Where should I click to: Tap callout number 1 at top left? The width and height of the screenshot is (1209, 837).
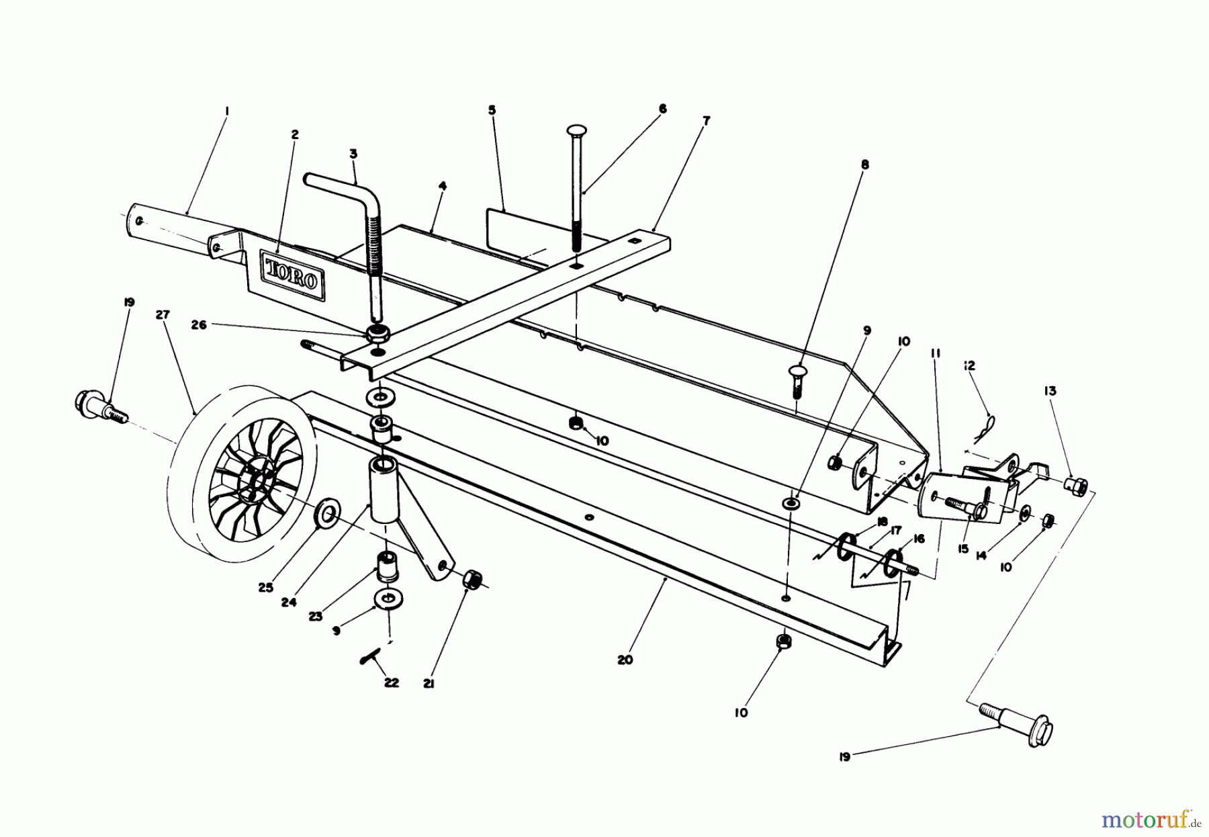[226, 109]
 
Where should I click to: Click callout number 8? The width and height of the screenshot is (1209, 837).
[864, 164]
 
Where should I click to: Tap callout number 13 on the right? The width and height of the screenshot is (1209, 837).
[1050, 391]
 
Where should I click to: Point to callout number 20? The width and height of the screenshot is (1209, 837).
[625, 660]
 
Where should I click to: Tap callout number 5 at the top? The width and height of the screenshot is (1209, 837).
[492, 109]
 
